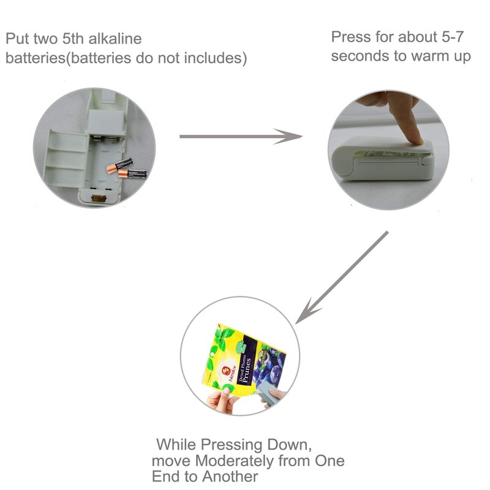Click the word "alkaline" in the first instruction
[x=115, y=39]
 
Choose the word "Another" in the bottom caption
[x=230, y=477]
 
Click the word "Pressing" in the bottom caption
[x=231, y=445]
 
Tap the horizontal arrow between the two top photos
[x=241, y=137]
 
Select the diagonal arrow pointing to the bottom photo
[x=342, y=277]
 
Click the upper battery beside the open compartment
[x=119, y=165]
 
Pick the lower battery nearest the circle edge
[x=132, y=174]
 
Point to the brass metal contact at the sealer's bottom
[x=99, y=198]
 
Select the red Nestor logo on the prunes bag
[x=225, y=371]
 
